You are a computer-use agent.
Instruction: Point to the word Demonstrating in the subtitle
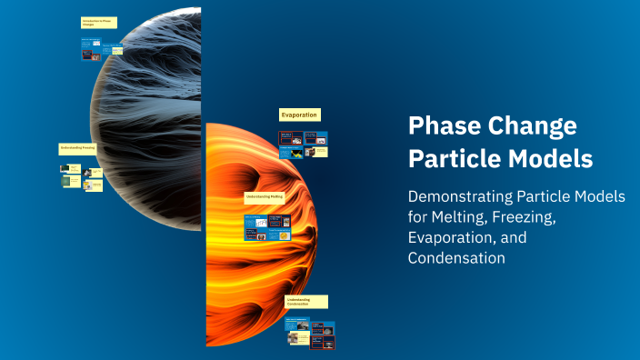point(462,197)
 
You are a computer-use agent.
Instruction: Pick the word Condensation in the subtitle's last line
point(455,258)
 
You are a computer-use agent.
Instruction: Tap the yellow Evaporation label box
point(299,115)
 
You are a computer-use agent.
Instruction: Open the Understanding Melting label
point(265,195)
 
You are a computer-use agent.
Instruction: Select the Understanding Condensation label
point(305,301)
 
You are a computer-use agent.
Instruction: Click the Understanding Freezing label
point(78,147)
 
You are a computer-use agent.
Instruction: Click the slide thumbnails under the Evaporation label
point(303,144)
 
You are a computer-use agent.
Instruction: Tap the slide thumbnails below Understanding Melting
point(267,227)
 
